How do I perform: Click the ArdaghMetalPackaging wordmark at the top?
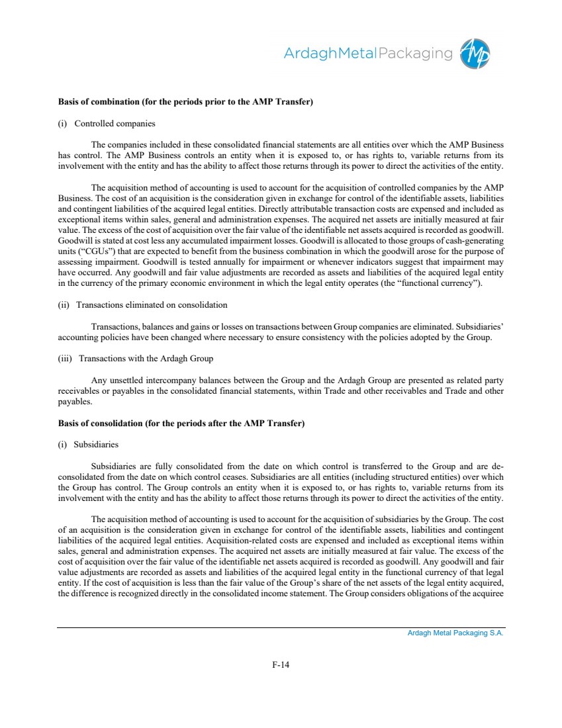tap(369, 54)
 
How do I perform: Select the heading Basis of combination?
tap(185, 102)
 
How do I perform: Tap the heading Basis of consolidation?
tap(181, 423)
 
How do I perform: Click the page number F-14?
tap(281, 665)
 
